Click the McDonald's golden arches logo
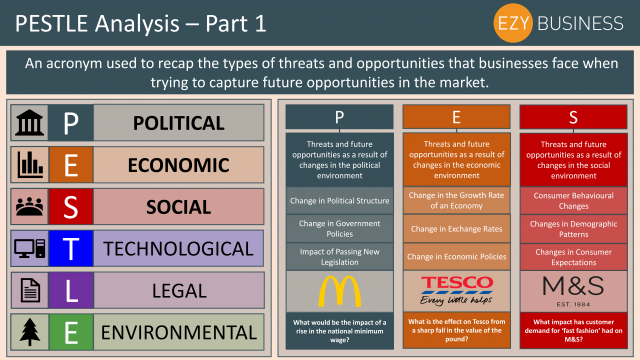[339, 291]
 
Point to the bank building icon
[29, 123]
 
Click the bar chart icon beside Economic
[29, 165]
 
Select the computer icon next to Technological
[29, 248]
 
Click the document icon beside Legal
[29, 290]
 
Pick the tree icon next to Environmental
[29, 332]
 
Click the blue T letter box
[71, 248]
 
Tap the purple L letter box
[71, 290]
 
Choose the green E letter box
[71, 332]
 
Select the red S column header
[573, 117]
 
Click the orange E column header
[456, 117]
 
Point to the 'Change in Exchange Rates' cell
[456, 229]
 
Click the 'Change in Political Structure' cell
[339, 201]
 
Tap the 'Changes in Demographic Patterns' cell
[573, 229]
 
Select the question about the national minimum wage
[339, 331]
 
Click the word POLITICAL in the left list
[178, 123]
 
